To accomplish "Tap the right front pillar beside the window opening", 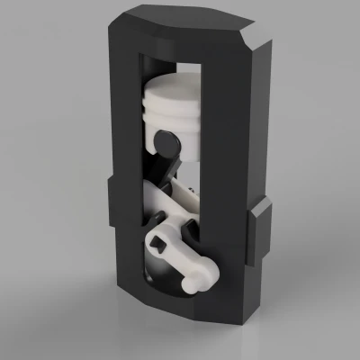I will click(220, 180).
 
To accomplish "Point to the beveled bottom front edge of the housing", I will click(180, 310).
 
